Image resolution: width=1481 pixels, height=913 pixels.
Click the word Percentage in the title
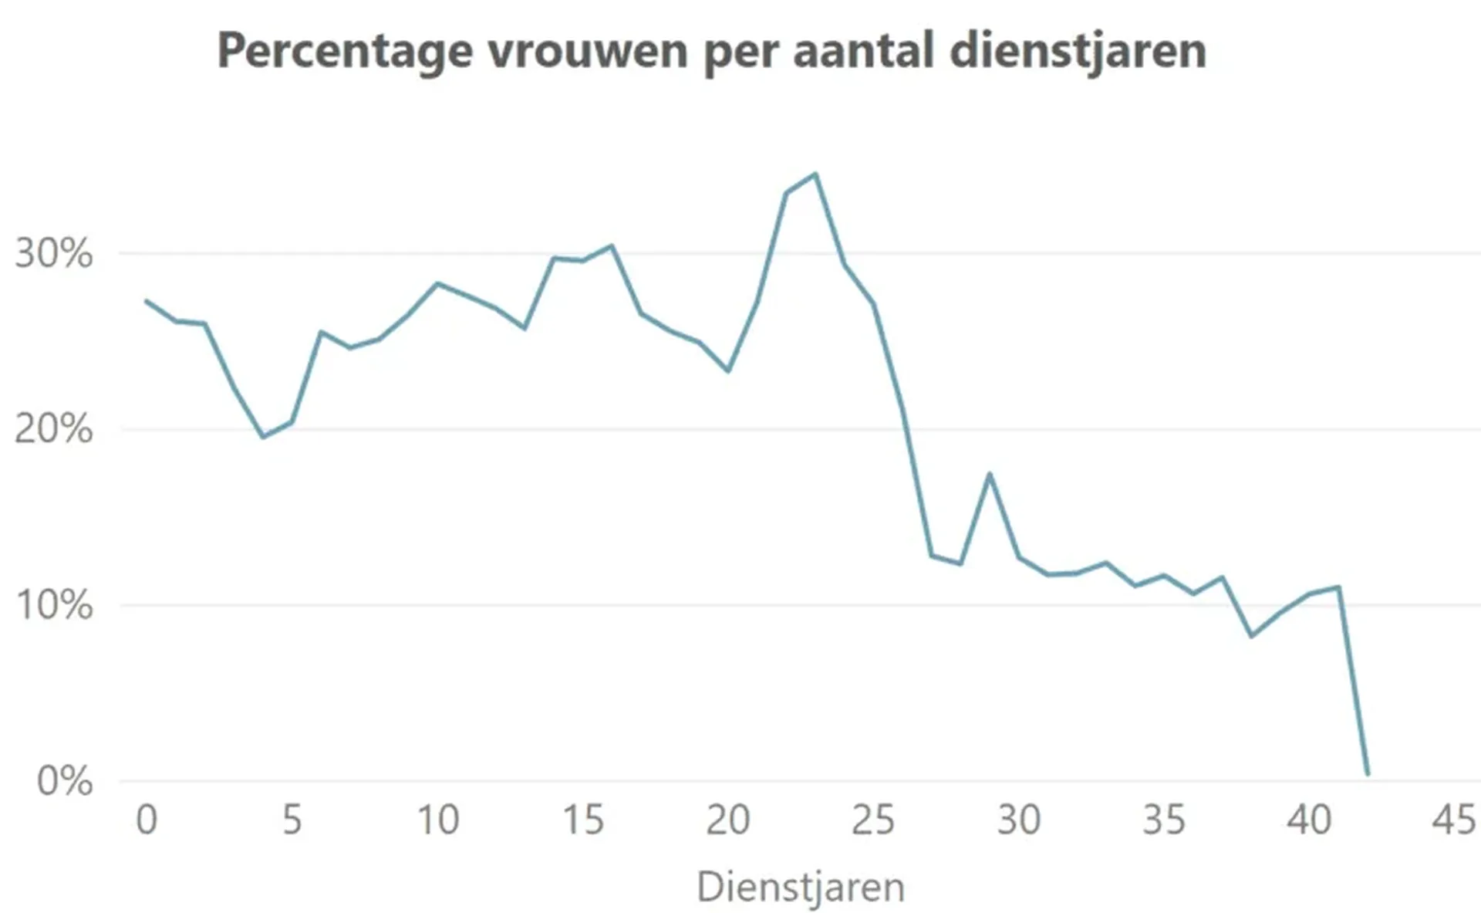tap(344, 51)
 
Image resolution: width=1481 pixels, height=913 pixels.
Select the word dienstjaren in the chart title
tap(1078, 51)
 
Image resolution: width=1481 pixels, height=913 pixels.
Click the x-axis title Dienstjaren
tap(801, 887)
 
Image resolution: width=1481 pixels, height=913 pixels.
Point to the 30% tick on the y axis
tap(53, 253)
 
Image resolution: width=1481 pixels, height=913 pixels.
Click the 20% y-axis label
tap(53, 429)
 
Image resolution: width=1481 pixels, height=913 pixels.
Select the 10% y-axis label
tap(53, 605)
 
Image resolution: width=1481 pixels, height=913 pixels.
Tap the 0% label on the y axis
tap(65, 781)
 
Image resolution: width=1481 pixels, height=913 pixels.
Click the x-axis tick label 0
tap(147, 820)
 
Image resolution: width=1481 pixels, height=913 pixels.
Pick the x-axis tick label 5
tap(292, 820)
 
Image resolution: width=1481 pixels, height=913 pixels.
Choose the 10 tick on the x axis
tap(437, 820)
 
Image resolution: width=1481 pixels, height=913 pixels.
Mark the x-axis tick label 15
tap(582, 820)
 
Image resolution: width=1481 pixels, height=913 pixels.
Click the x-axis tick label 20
tap(727, 820)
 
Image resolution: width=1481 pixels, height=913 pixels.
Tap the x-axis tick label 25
tap(873, 820)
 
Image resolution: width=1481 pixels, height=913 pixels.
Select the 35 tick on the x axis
tap(1164, 820)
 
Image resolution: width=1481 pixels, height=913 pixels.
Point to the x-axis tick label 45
tap(1454, 820)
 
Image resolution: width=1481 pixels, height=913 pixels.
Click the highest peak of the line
tap(815, 174)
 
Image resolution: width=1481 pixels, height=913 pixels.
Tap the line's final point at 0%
tap(1368, 773)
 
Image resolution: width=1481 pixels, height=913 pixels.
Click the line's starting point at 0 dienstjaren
tap(147, 301)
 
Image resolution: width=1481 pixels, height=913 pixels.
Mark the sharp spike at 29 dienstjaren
tap(990, 474)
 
